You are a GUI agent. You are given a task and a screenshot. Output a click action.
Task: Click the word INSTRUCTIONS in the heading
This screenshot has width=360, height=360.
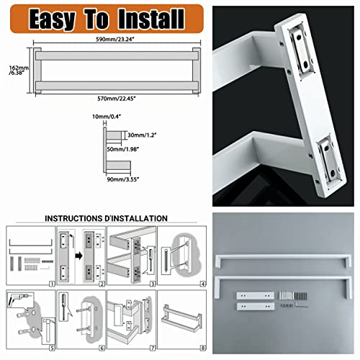76,218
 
